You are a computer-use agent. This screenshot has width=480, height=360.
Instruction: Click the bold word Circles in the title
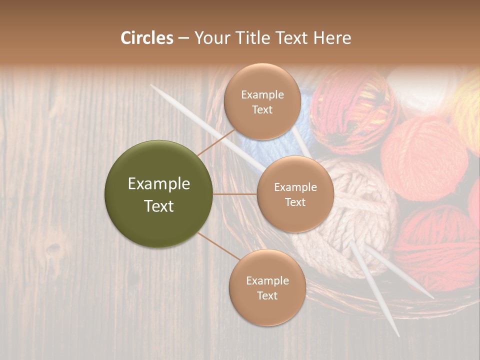[146, 38]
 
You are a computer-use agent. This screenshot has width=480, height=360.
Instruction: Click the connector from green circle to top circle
[216, 141]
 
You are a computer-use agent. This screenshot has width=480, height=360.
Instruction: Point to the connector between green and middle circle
[235, 194]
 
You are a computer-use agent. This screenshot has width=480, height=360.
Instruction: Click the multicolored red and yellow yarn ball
[352, 112]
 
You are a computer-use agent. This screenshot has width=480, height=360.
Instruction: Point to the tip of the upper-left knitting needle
[151, 85]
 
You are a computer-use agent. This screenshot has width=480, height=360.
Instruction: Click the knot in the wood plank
[52, 248]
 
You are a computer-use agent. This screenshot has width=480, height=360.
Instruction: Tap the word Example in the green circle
[159, 184]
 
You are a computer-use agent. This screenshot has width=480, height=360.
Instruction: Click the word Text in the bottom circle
[267, 295]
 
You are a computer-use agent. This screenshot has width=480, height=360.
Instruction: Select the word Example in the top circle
[262, 94]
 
